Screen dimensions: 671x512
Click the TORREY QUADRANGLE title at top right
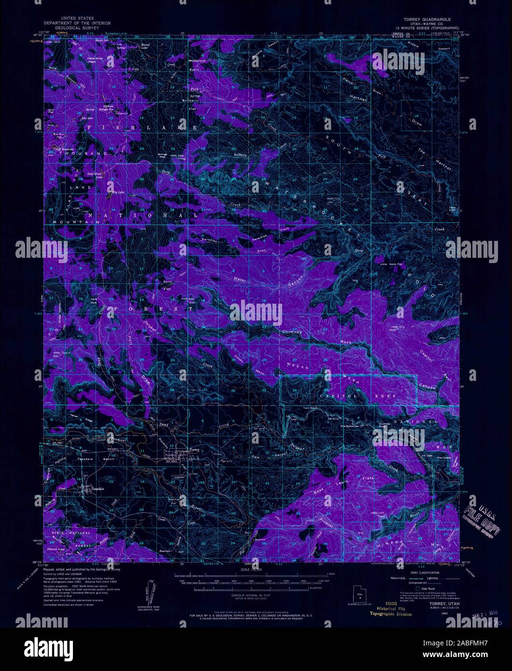click(424, 18)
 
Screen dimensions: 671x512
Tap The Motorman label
click(350, 426)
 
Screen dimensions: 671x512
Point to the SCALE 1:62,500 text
click(251, 570)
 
